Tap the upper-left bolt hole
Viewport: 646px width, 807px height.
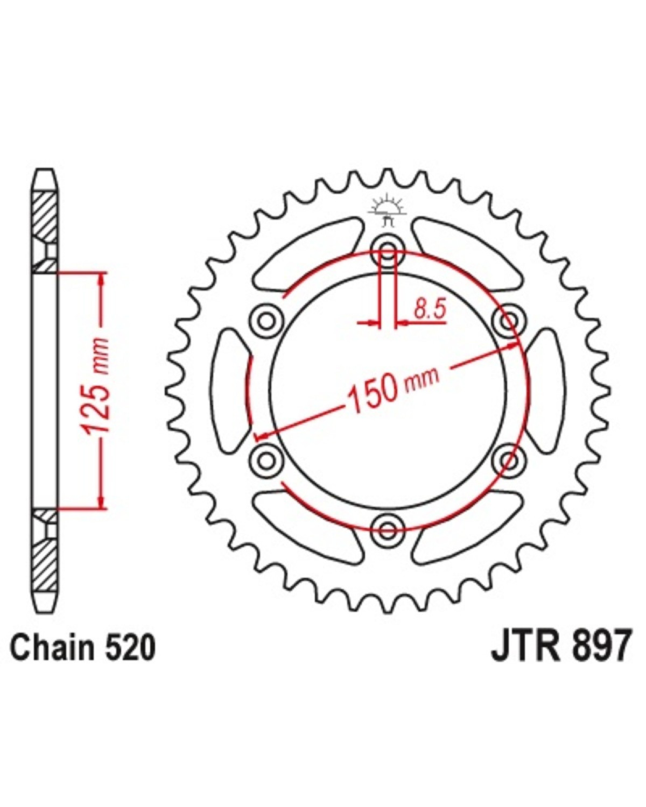[266, 321]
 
